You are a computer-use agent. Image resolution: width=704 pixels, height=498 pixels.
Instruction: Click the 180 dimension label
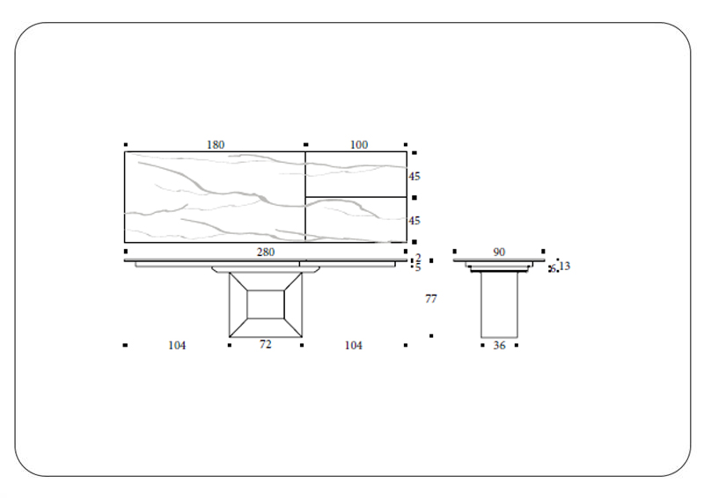(216, 145)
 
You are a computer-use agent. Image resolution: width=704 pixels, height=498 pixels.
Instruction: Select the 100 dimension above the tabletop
(359, 145)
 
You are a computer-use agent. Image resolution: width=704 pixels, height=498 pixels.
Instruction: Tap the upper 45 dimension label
(414, 177)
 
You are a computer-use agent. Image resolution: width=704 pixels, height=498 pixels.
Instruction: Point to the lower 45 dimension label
(414, 221)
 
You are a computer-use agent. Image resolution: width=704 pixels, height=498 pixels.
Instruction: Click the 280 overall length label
(266, 253)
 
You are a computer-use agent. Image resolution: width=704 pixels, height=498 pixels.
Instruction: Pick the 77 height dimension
(431, 299)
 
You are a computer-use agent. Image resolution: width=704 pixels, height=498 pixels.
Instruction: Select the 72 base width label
(265, 345)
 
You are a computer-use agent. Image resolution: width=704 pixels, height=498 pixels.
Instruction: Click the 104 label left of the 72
(177, 346)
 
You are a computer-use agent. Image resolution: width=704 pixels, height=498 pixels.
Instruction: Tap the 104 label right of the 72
(353, 346)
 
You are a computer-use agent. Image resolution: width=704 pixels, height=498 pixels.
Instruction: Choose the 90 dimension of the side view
(499, 253)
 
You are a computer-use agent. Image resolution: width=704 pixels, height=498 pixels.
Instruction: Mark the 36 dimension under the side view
(499, 346)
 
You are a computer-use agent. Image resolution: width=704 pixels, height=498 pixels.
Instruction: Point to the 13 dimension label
(564, 266)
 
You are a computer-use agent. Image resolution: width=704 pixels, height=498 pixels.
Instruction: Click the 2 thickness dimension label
(418, 258)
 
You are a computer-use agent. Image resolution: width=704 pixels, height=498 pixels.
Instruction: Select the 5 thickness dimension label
(418, 267)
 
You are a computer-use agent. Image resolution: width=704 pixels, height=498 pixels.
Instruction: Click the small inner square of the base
(265, 304)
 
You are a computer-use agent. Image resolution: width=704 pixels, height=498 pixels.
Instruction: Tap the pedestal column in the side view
(499, 304)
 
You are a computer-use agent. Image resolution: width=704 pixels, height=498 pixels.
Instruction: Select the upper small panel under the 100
(356, 174)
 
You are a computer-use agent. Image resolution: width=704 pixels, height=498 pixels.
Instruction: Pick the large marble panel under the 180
(215, 197)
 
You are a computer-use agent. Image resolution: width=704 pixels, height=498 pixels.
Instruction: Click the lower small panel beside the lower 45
(356, 219)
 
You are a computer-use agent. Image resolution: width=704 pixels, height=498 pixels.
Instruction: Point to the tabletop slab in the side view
(499, 261)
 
